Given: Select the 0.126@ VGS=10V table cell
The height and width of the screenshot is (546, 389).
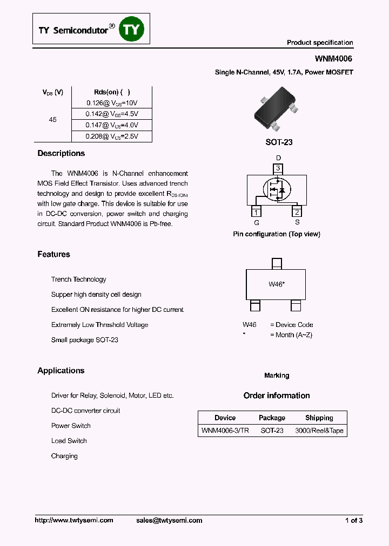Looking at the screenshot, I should [x=112, y=103].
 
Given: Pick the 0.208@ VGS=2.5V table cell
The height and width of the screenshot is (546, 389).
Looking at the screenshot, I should [x=112, y=136].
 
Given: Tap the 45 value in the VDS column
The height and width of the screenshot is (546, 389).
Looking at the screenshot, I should [x=52, y=120].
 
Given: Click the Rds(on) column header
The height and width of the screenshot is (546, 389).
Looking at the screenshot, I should [x=112, y=92].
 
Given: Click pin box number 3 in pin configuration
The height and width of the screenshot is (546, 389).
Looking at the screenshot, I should [x=278, y=168].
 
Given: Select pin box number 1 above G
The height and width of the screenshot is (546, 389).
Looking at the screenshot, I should [x=257, y=212].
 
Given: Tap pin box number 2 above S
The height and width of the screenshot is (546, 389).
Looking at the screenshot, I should [x=297, y=212].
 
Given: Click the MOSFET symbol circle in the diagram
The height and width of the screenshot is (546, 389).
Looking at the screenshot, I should [x=277, y=189].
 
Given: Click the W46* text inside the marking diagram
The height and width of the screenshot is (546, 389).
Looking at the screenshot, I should [x=277, y=284].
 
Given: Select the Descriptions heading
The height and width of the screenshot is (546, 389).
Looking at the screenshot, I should [x=61, y=154].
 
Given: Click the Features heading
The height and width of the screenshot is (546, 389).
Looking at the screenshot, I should [x=53, y=254].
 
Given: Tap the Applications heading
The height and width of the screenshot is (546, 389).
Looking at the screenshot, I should [x=61, y=371].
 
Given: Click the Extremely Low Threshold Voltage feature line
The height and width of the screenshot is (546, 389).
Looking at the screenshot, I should [x=99, y=325].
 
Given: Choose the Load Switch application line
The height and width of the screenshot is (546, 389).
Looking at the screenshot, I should [x=69, y=441].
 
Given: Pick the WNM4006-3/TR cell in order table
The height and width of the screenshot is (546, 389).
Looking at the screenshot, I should [x=225, y=431].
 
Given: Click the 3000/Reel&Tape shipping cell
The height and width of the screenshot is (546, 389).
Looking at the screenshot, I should [x=319, y=431].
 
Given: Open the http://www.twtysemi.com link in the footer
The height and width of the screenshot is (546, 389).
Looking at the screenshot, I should [x=74, y=520].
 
